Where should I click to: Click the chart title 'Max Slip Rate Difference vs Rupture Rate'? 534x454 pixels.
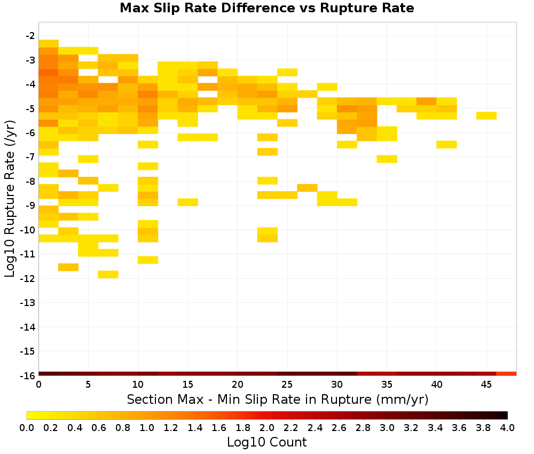266,8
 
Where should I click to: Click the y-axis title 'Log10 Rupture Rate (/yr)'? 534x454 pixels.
10,198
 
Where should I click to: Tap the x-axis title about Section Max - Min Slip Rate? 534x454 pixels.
278,399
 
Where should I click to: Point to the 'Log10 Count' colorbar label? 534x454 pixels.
266,442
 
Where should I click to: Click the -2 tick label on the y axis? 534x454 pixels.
30,36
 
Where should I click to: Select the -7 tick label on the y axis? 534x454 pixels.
30,157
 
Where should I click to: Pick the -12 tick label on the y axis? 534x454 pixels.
28,279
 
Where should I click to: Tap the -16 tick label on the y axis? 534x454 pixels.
28,375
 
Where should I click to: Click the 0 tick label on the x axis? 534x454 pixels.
39,385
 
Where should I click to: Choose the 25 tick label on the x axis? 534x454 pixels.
287,385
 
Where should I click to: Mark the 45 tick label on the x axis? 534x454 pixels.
486,385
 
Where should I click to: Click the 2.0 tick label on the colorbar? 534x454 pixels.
267,427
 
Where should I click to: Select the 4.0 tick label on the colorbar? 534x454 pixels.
507,427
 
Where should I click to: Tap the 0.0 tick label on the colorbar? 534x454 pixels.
27,427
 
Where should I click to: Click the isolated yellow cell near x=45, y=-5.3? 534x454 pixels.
486,115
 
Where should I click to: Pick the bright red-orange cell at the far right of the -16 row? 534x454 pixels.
506,374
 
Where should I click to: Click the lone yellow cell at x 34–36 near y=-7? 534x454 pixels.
387,159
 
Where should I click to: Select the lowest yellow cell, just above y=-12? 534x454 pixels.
108,275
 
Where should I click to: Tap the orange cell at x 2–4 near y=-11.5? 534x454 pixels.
68,267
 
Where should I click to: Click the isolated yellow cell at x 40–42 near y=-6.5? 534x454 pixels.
446,144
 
